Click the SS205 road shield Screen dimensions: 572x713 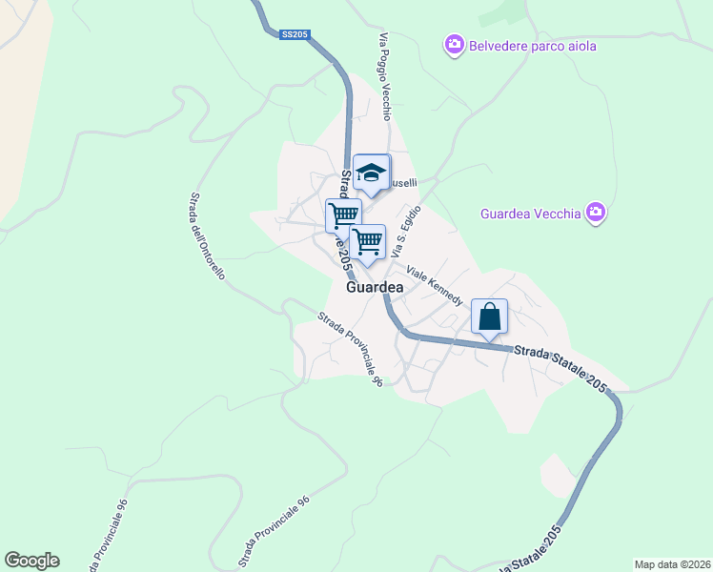pos(295,35)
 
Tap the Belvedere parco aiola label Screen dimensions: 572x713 pos(532,45)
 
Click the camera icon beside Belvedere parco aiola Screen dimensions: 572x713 pos(454,45)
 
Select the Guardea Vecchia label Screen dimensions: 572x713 pos(530,214)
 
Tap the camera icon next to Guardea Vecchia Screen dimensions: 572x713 pos(597,213)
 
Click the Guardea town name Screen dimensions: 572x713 pos(375,286)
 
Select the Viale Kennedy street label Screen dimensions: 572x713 pos(435,286)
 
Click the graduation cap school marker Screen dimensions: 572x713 pos(371,172)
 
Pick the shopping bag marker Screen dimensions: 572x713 pos(489,317)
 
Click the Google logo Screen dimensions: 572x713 pos(31,561)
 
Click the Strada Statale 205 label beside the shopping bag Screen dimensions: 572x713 pos(560,367)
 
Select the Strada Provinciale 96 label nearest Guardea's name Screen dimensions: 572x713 pos(351,350)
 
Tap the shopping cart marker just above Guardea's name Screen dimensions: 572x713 pos(367,241)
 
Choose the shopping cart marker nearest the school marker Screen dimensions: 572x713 pos(343,214)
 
